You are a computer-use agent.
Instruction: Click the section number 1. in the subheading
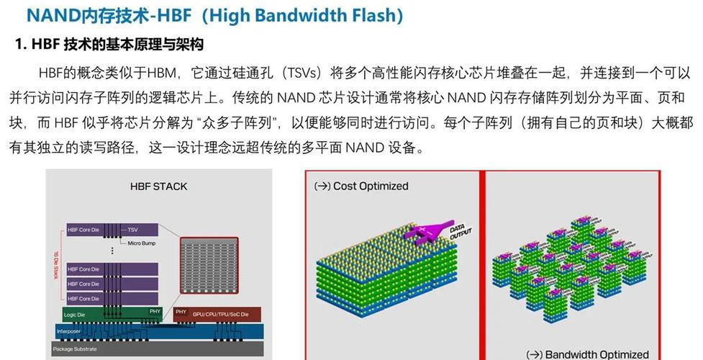click(21, 45)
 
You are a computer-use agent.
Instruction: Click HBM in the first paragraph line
click(165, 73)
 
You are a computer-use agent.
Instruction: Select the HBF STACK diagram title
click(158, 186)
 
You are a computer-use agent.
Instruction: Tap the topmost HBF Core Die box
click(89, 230)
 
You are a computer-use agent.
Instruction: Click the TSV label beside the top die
click(133, 230)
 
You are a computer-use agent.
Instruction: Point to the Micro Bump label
click(144, 243)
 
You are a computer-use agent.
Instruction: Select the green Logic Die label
click(76, 314)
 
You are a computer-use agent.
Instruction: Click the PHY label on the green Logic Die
click(154, 311)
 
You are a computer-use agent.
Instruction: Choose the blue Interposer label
click(69, 331)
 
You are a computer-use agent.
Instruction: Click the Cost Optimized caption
click(362, 186)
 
